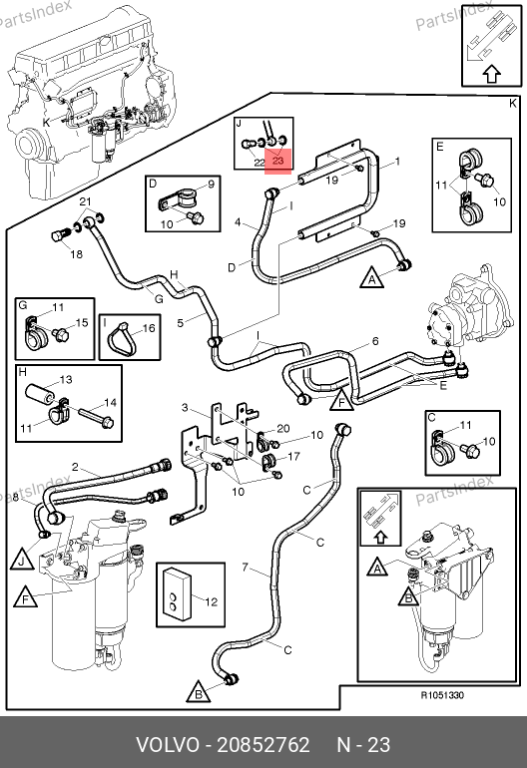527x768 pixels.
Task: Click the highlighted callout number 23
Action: (277, 161)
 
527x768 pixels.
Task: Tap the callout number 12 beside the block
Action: (211, 601)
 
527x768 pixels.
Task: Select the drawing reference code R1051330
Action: (442, 695)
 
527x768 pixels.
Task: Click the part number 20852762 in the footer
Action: (263, 745)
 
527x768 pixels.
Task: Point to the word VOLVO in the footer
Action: (168, 745)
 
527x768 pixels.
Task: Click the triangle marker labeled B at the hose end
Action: (199, 692)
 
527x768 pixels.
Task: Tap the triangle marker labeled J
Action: (22, 561)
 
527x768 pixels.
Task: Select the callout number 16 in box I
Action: (149, 328)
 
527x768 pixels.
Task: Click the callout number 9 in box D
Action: (211, 185)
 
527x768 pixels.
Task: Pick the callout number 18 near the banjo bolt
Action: (76, 254)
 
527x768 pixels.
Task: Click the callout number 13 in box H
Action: (66, 380)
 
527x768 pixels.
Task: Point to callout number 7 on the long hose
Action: (246, 568)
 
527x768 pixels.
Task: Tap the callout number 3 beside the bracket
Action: (185, 407)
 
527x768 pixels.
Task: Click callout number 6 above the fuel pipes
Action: (375, 341)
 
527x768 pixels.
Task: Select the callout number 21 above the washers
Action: (85, 201)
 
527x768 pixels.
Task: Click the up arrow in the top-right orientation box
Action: (492, 75)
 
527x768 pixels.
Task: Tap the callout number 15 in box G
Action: (82, 323)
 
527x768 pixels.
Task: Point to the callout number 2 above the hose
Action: (75, 467)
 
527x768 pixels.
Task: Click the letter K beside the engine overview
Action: (47, 122)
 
